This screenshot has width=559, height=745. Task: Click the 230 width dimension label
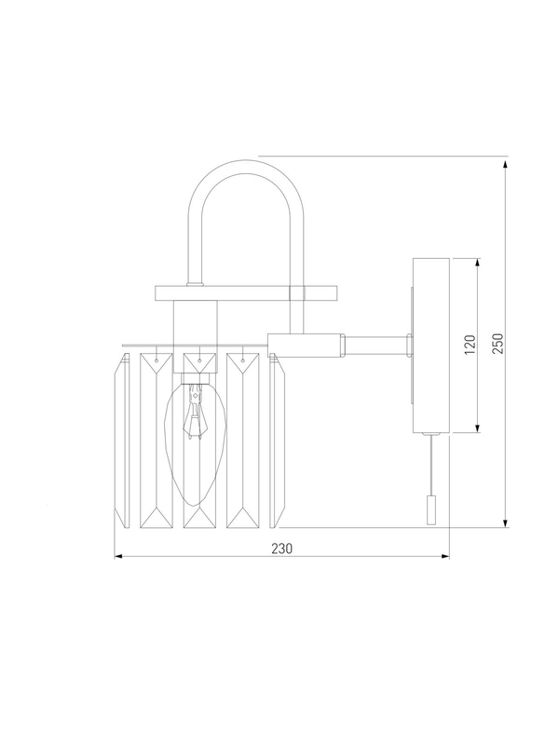[282, 549]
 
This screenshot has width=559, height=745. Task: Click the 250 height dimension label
[498, 344]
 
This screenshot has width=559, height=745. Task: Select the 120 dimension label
[470, 345]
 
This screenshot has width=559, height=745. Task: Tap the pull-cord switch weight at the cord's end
[431, 509]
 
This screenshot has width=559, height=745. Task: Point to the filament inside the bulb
[195, 411]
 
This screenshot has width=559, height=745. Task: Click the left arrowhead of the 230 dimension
[119, 556]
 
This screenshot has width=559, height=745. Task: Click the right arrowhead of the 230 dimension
[445, 556]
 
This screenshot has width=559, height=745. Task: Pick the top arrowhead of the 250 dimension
[506, 165]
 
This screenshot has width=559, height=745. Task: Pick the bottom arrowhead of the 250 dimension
[506, 522]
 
